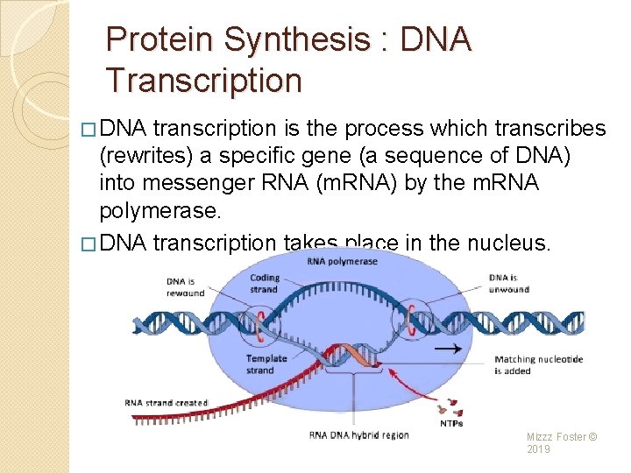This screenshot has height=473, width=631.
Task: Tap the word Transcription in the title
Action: click(203, 81)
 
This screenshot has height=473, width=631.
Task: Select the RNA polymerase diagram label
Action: click(343, 261)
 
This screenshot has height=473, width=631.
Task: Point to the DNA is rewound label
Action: click(185, 286)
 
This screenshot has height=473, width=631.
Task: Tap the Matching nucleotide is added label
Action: click(538, 364)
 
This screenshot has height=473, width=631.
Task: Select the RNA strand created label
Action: click(167, 403)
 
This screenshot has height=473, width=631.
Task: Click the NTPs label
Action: click(452, 424)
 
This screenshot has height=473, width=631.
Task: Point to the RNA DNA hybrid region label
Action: click(358, 435)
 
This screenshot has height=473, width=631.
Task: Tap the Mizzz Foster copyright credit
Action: click(562, 436)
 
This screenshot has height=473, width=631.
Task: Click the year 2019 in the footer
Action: click(539, 449)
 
